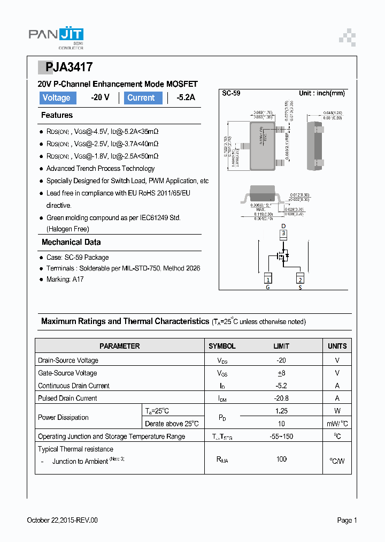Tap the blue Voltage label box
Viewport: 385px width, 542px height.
(57, 98)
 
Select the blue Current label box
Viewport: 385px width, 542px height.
(143, 98)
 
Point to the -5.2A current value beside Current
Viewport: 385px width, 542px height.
(186, 98)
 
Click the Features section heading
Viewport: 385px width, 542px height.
(57, 115)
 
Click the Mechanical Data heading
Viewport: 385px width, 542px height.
(71, 242)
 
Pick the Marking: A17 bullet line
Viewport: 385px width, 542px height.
(65, 279)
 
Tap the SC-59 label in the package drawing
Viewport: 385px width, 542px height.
(231, 93)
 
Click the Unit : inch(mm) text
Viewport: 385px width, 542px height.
(321, 93)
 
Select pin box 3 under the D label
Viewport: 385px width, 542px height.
(284, 234)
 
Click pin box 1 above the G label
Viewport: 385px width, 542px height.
(268, 278)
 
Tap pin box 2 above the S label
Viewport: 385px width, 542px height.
(300, 278)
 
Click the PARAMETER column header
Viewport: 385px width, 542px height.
(120, 346)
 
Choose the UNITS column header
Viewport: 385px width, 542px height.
(337, 346)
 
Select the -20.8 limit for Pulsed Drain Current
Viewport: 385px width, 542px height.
(281, 398)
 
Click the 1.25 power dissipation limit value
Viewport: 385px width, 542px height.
(281, 411)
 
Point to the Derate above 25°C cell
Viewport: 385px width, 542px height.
(172, 424)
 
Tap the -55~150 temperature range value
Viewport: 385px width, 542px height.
(281, 436)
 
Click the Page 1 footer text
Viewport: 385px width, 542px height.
(346, 520)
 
